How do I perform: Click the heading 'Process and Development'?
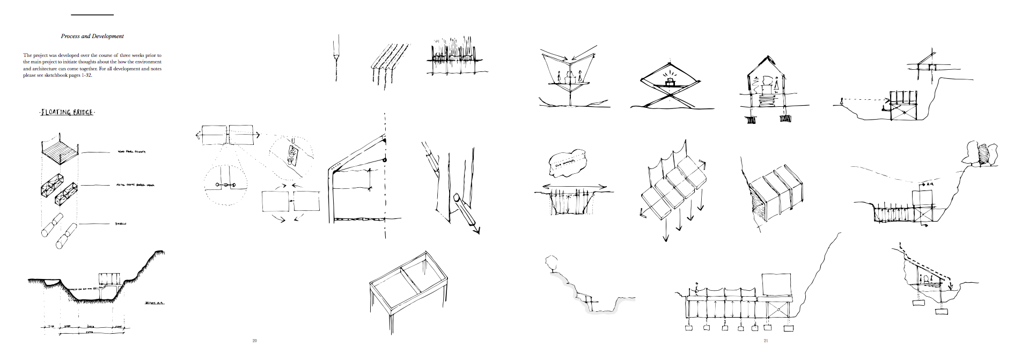tap(92, 36)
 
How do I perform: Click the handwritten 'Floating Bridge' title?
tap(67, 113)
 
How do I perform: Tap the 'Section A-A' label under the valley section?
tap(154, 304)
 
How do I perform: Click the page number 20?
tap(254, 341)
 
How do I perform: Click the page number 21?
tap(766, 341)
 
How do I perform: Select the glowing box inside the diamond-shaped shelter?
tap(670, 82)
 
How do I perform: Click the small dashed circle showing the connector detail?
tap(226, 186)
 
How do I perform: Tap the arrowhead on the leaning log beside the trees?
tap(475, 230)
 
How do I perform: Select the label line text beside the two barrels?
tap(120, 224)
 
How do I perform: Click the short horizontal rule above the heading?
tap(92, 15)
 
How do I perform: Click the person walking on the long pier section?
tap(697, 289)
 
